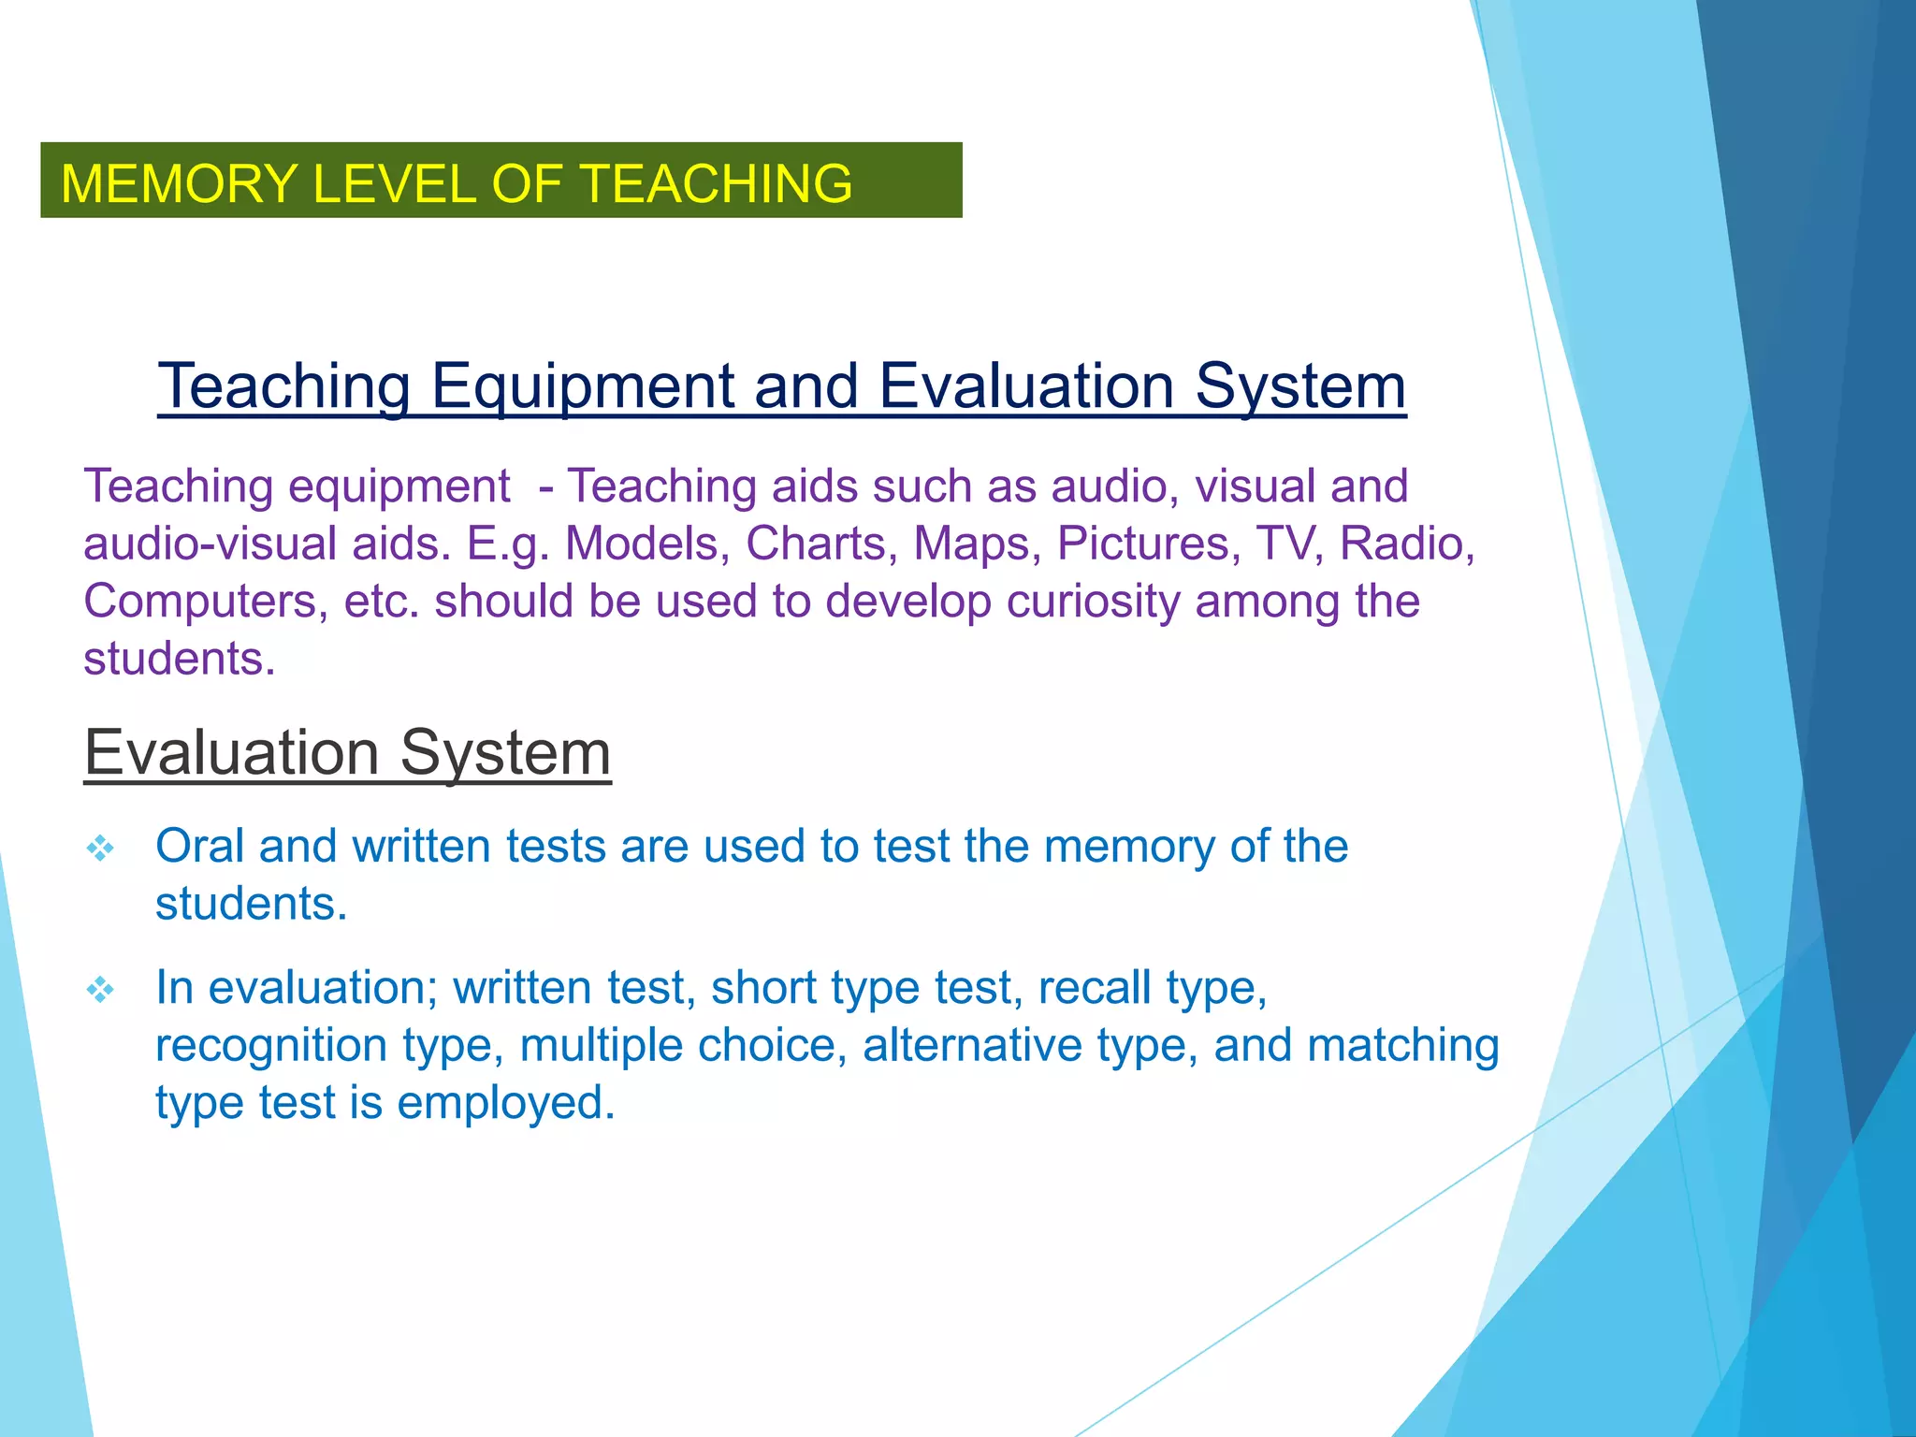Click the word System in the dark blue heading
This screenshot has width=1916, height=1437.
pyautogui.click(x=1300, y=385)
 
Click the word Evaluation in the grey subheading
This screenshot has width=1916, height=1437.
pyautogui.click(x=231, y=752)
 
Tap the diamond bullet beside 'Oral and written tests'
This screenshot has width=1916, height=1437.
pyautogui.click(x=100, y=849)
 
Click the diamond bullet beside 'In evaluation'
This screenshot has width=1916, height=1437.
pyautogui.click(x=100, y=990)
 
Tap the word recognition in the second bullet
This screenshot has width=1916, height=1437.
pyautogui.click(x=271, y=1045)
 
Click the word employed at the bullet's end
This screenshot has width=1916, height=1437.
pyautogui.click(x=506, y=1103)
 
